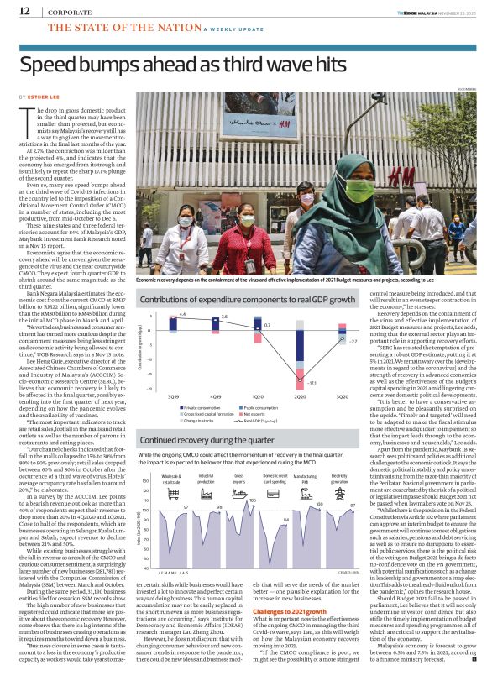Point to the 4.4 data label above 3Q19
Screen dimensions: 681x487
182,314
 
